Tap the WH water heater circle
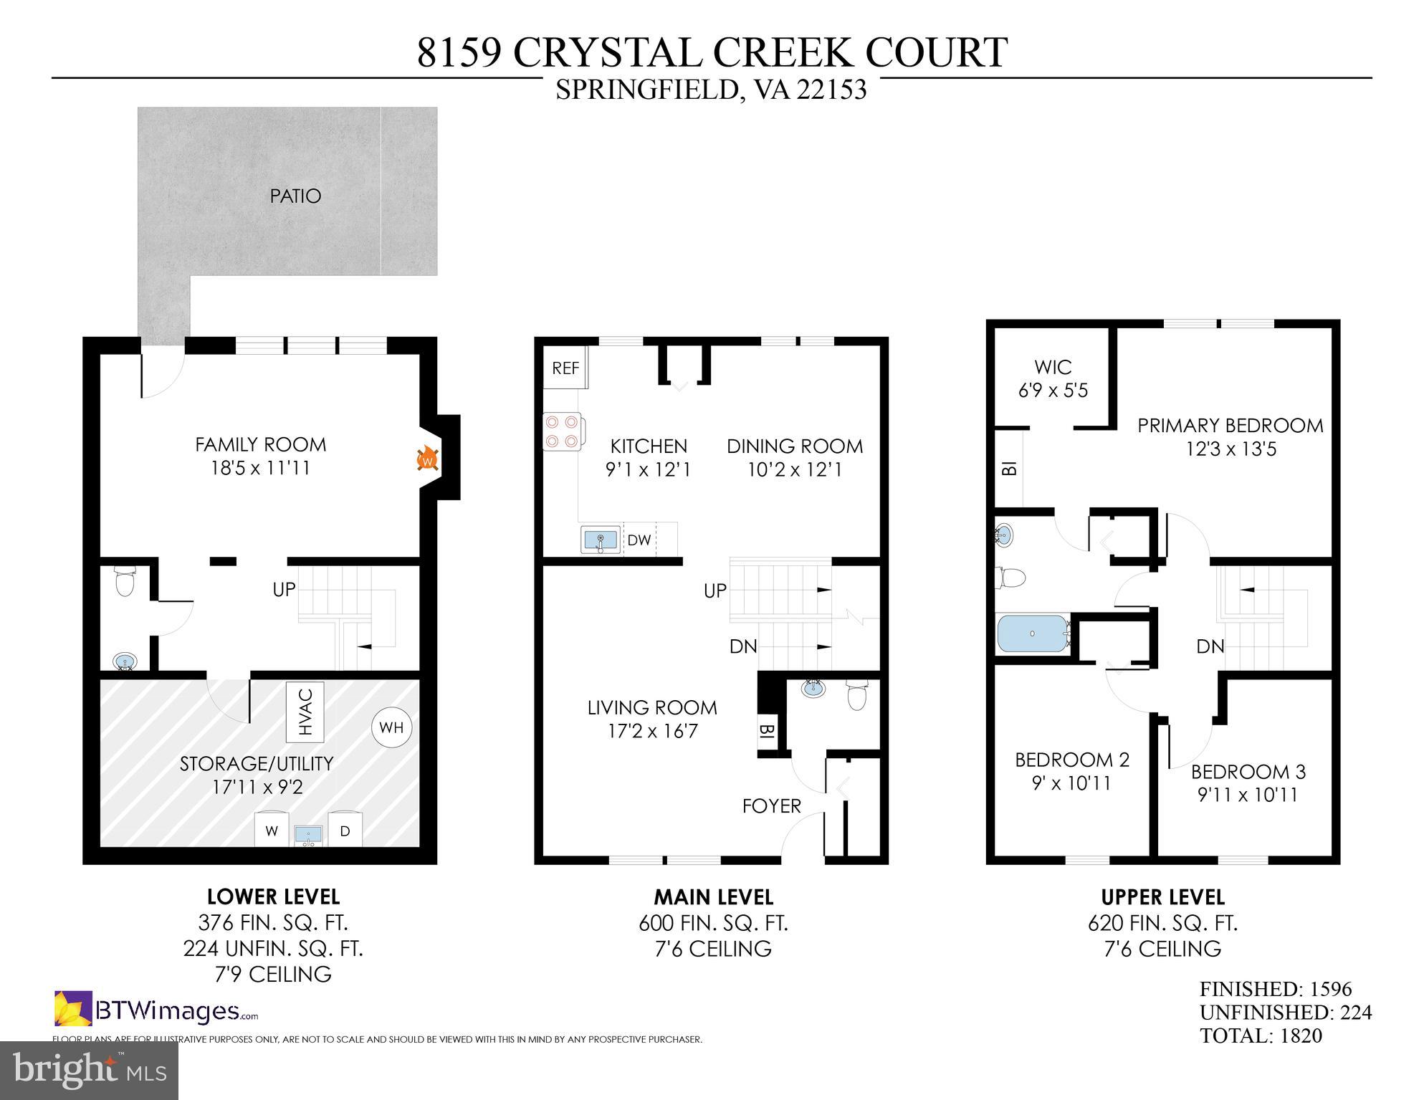(391, 728)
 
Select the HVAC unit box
(305, 712)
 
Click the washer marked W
(272, 831)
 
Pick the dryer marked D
(345, 831)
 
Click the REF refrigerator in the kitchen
(565, 368)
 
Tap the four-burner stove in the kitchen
(563, 431)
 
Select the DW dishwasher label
(639, 540)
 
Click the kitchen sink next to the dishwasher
(601, 540)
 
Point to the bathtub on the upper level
(1032, 633)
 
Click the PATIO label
(295, 196)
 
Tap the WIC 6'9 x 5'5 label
(1053, 379)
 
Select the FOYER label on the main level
(771, 806)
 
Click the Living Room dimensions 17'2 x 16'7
(651, 732)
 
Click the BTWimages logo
(156, 1010)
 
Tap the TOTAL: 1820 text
(1261, 1036)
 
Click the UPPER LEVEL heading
(1162, 897)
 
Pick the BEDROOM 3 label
(1248, 772)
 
